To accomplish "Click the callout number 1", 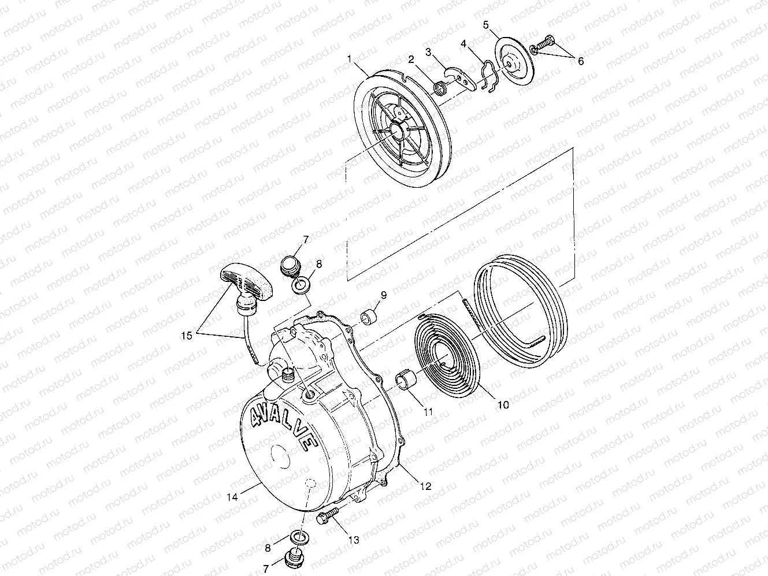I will click(x=349, y=58).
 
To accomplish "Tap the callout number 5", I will click(x=486, y=25).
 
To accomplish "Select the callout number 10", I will click(x=503, y=405).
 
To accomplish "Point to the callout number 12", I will click(x=425, y=486).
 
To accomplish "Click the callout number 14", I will click(x=232, y=496).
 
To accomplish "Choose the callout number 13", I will click(x=354, y=540).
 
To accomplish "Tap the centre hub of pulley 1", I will click(x=397, y=131).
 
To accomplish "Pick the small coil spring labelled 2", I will click(x=443, y=88).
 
